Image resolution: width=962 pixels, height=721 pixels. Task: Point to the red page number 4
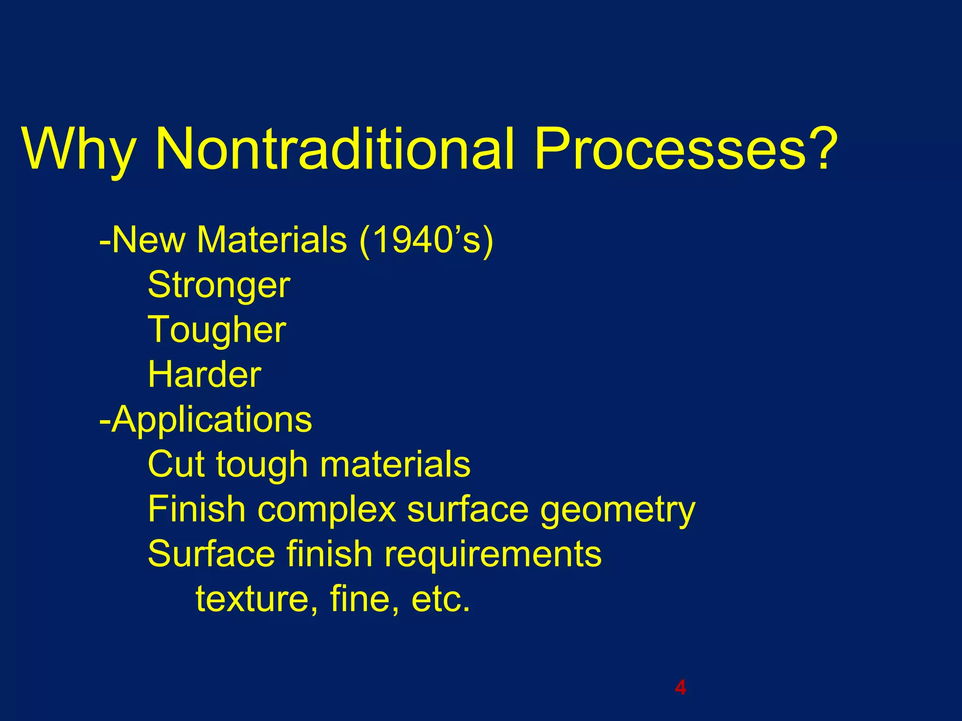680,687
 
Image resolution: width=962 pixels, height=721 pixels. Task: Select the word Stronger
219,285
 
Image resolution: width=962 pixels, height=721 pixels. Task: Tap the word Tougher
217,330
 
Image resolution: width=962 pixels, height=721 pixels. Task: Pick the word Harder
204,375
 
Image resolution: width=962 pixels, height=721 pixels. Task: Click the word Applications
211,420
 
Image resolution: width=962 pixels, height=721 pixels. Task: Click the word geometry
617,510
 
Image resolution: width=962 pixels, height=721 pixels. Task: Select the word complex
327,509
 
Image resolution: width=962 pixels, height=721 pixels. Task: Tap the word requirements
493,554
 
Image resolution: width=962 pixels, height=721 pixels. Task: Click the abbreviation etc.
440,599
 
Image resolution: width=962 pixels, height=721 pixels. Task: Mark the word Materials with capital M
272,240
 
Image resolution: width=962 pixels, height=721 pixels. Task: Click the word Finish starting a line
197,509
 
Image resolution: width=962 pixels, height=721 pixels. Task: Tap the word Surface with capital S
211,554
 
